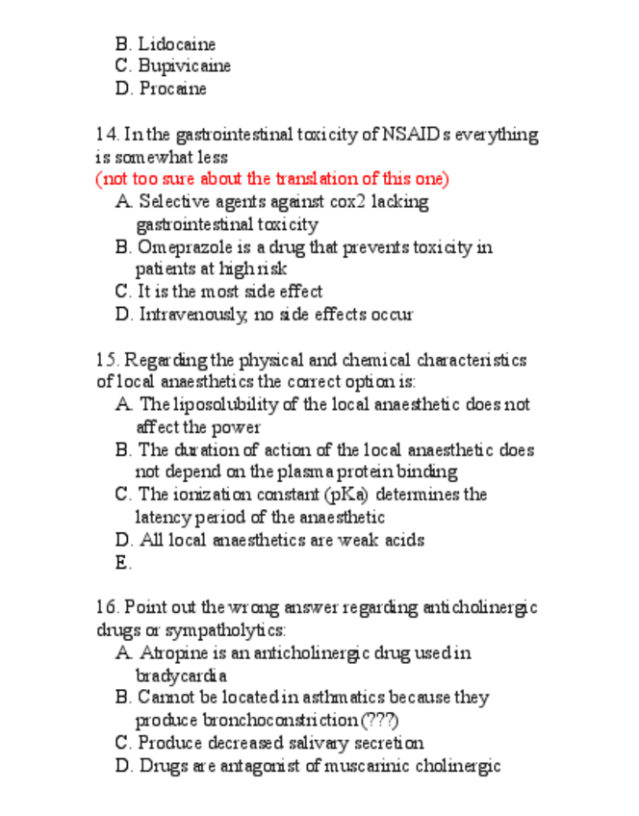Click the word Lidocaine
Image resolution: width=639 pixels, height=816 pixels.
coord(177,44)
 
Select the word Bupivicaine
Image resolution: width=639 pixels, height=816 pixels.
coord(184,66)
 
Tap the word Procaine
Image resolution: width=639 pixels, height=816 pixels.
coord(172,89)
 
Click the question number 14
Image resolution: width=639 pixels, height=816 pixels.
coord(106,134)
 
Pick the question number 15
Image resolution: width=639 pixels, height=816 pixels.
coord(106,360)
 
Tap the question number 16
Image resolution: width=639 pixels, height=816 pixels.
coord(106,608)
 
